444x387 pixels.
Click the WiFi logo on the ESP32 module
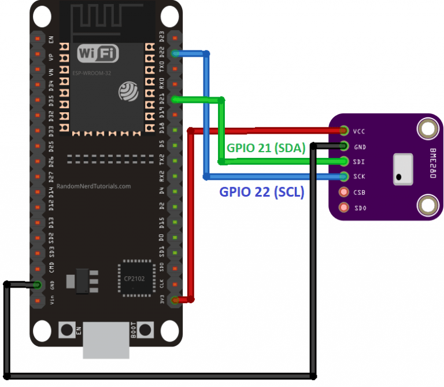coord(98,54)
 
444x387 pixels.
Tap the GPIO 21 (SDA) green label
coord(265,148)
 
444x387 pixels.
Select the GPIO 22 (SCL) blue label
coord(262,192)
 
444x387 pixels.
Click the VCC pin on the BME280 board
coord(345,131)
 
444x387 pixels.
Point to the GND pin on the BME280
coord(345,146)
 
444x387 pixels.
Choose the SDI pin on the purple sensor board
coord(345,161)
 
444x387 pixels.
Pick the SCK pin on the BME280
coord(345,176)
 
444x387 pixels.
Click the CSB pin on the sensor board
coord(345,191)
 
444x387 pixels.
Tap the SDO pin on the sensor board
coord(345,207)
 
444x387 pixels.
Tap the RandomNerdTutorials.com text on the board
coord(94,187)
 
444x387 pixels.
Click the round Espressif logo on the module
coord(128,90)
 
